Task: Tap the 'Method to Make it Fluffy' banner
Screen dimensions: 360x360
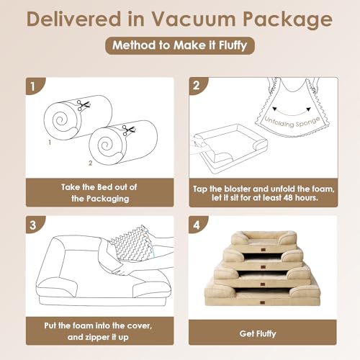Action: point(179,47)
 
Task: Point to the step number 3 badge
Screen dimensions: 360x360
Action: point(32,224)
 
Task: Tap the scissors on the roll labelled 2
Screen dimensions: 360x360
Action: point(129,130)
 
